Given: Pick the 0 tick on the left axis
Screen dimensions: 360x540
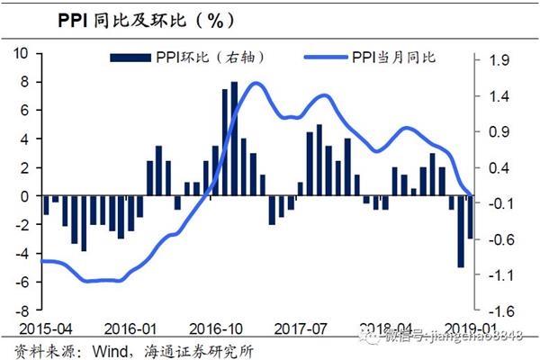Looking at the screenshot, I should click(30, 196).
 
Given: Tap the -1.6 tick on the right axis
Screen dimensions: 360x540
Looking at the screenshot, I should click(499, 311).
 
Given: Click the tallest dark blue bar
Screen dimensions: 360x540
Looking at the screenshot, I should click(234, 135).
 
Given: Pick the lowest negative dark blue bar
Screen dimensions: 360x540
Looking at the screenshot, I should click(461, 230).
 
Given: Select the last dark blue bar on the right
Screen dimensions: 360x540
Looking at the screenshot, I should click(470, 217).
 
